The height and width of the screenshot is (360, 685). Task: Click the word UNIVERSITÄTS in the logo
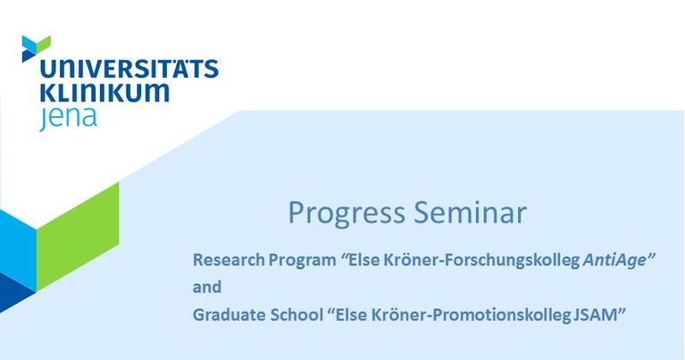tap(129, 69)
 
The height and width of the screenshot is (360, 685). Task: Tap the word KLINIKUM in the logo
tap(104, 92)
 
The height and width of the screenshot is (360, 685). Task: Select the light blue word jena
tap(68, 118)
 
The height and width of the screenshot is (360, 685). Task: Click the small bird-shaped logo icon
tap(36, 48)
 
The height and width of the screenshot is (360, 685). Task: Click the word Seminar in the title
tap(470, 213)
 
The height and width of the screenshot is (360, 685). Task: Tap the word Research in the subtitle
tap(229, 260)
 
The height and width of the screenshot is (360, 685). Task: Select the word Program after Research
tap(302, 261)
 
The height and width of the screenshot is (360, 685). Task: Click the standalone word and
tap(207, 287)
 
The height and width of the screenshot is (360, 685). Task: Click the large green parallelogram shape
tap(78, 237)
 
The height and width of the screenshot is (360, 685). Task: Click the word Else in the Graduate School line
tap(351, 314)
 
